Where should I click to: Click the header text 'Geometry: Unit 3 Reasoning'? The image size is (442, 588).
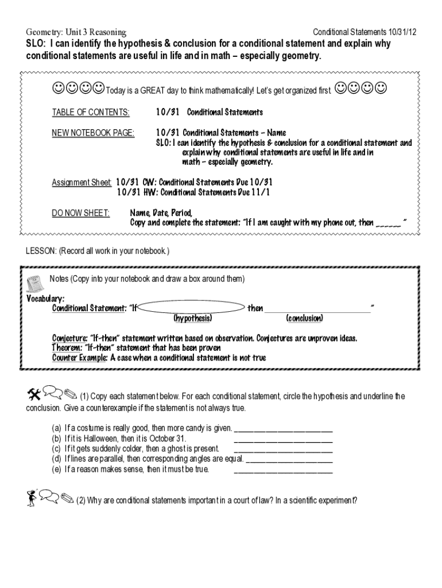click(76, 32)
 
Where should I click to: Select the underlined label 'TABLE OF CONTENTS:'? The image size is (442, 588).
click(91, 112)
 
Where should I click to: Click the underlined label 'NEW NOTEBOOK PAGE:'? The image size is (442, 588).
click(93, 133)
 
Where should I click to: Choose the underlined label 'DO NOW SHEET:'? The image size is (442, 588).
click(80, 213)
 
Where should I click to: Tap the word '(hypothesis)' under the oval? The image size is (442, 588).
click(192, 318)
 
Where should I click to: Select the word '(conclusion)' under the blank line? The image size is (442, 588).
click(304, 318)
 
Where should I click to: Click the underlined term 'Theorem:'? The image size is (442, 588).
click(67, 348)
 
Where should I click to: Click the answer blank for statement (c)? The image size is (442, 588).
click(284, 448)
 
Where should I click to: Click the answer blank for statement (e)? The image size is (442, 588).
click(284, 469)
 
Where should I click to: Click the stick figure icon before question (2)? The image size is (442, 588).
click(32, 497)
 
